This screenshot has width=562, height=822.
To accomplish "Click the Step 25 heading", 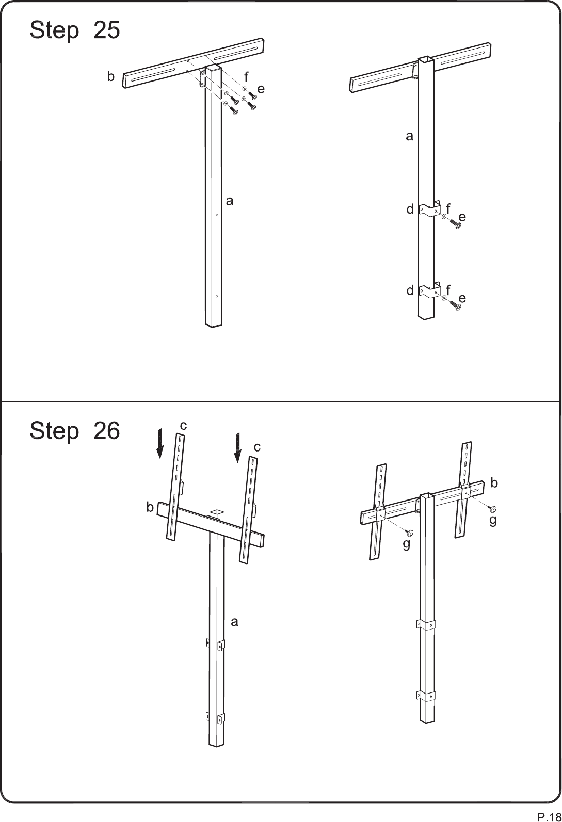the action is [74, 30].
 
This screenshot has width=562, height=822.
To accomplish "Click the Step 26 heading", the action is [74, 431].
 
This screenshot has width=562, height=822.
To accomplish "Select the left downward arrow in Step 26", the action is [160, 444].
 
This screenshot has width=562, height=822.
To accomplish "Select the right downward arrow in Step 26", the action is [238, 448].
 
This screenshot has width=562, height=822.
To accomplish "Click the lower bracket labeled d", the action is [430, 291].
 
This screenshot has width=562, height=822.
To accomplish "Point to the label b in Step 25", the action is [110, 76].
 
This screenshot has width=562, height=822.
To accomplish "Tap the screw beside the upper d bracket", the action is [455, 223].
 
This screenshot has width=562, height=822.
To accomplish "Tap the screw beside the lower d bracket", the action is [455, 305].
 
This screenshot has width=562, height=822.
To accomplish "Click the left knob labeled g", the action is [409, 533].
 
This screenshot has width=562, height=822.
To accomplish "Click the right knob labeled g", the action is [493, 509].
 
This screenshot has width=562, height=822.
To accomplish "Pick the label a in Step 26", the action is [234, 622].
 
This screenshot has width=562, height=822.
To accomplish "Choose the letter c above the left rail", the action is [183, 426].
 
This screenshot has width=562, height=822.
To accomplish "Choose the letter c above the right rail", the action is [257, 447].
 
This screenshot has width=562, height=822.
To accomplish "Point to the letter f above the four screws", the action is [246, 77].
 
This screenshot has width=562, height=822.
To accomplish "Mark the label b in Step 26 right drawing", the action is [494, 483].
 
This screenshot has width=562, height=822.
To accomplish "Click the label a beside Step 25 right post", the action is [409, 137].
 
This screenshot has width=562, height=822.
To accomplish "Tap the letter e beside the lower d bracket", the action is [462, 298].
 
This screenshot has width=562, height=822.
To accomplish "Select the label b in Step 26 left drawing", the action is [150, 507].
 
